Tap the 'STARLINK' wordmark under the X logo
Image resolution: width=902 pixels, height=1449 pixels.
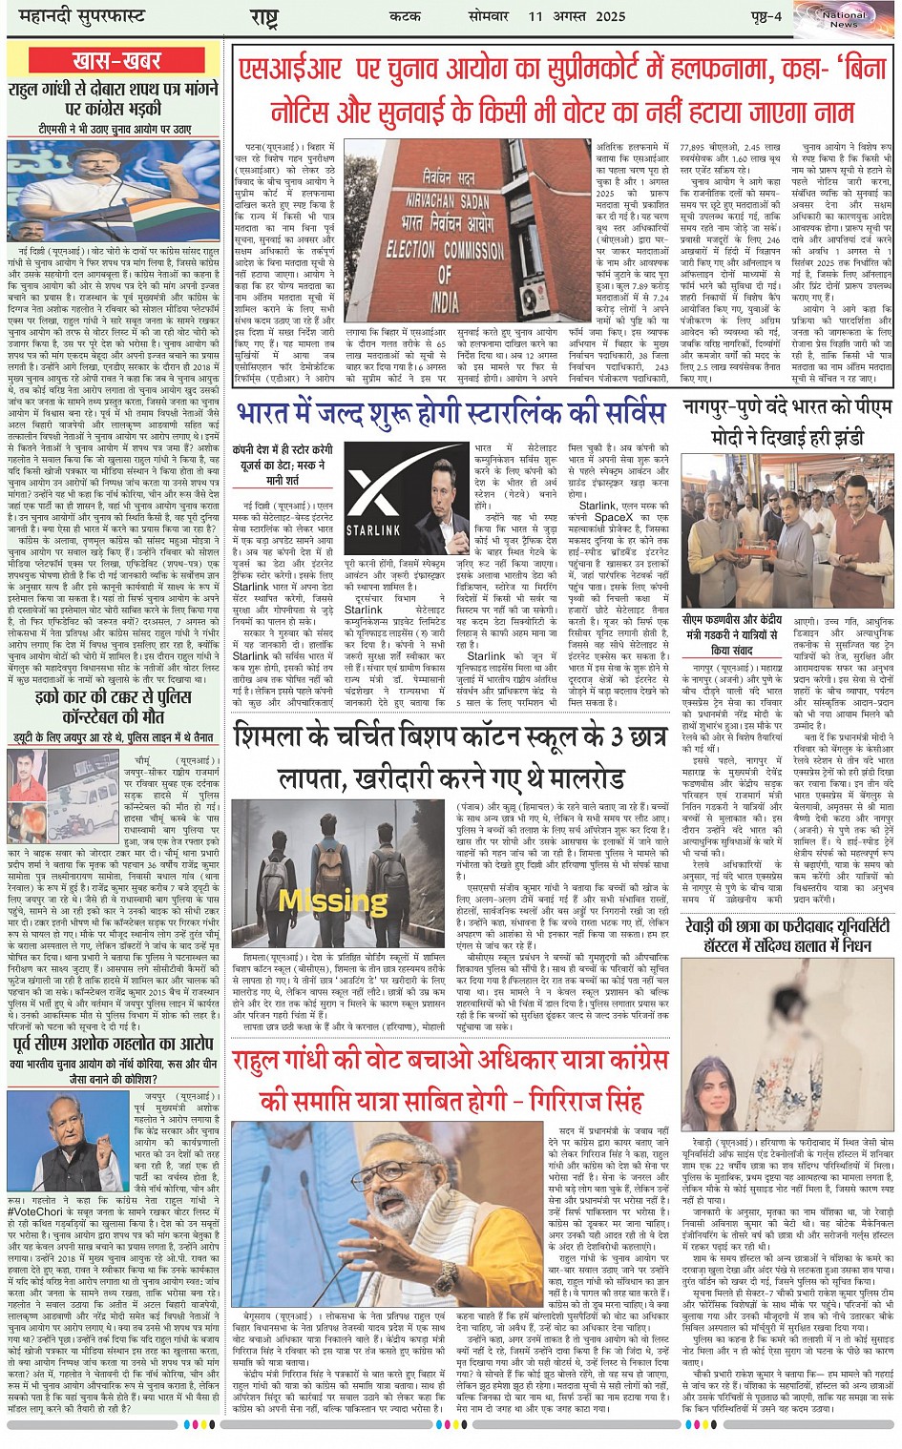pos(373,528)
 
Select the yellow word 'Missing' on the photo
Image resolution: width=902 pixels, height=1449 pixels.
pos(321,899)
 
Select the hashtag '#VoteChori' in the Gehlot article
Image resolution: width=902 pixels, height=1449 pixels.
pos(35,1211)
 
